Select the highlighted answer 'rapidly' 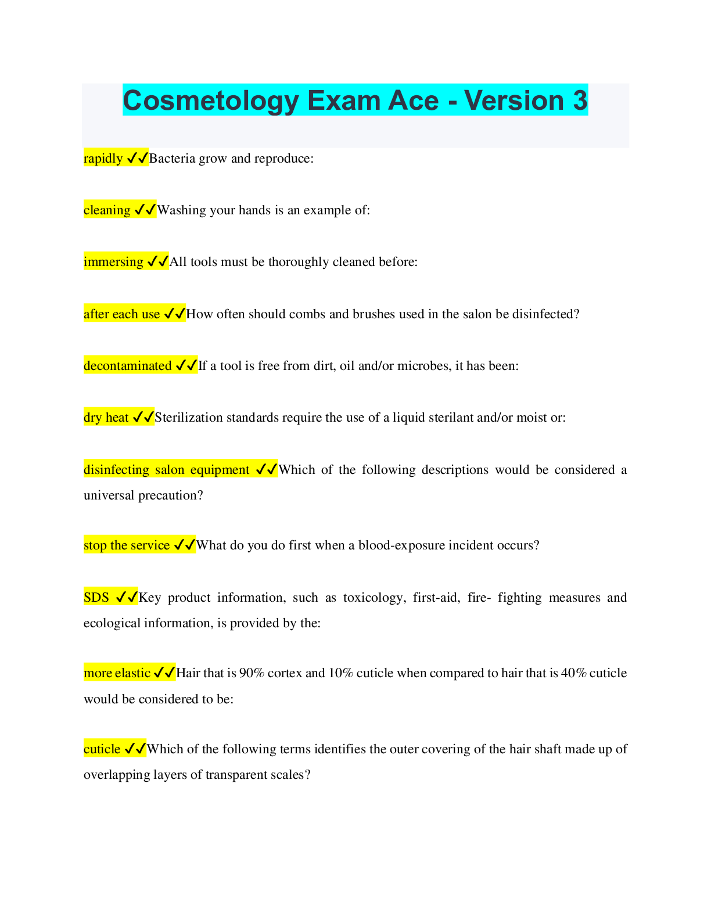[103, 159]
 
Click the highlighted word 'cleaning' [107, 210]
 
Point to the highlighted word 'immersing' [113, 262]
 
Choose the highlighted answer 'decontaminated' [127, 366]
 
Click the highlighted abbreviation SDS [96, 598]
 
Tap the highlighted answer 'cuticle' [102, 749]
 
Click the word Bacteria [172, 159]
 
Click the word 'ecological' [112, 623]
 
